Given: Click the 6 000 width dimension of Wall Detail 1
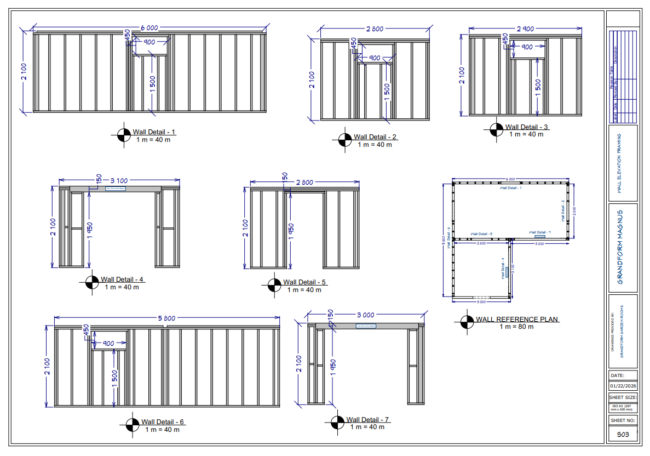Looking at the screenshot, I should tap(148, 28).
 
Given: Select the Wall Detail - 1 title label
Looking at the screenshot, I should tap(154, 132).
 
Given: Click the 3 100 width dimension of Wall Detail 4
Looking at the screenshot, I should tap(119, 180).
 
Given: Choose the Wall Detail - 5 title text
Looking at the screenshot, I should tap(304, 282).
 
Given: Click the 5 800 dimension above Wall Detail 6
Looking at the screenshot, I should tap(167, 318).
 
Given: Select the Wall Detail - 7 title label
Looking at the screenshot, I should tap(367, 420).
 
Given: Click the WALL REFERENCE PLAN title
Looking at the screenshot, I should tap(517, 320).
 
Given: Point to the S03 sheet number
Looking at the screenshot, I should tap(623, 434).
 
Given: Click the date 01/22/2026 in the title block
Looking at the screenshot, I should tap(623, 386).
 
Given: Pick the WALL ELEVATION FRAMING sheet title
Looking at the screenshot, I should tap(620, 163).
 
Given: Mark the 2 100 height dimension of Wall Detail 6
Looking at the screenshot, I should tap(48, 366).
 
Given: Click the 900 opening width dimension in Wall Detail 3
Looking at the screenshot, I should tap(527, 47).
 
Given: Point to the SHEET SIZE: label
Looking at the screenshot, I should tap(623, 397).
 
